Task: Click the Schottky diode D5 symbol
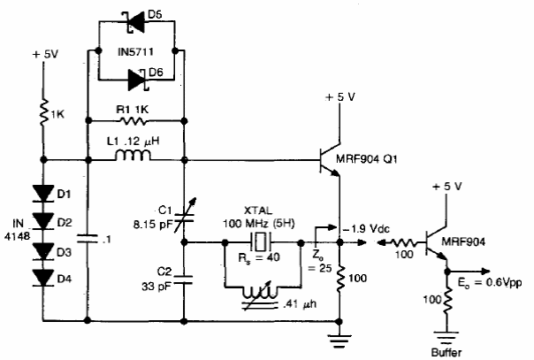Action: click(x=135, y=22)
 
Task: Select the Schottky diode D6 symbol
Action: click(x=138, y=80)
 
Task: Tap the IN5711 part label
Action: click(x=135, y=52)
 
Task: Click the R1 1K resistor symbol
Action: click(x=133, y=120)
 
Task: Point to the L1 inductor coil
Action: click(x=133, y=156)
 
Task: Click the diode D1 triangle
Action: click(x=43, y=194)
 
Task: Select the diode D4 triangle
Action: click(x=43, y=277)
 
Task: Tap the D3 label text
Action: click(x=64, y=252)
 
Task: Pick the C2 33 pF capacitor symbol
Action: click(x=184, y=280)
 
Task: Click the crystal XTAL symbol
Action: click(x=261, y=242)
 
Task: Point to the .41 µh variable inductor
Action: click(x=261, y=295)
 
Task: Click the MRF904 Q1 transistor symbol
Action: click(x=330, y=160)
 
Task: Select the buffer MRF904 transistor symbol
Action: click(x=436, y=243)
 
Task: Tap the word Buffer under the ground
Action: click(x=446, y=352)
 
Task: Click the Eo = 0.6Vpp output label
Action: click(x=490, y=282)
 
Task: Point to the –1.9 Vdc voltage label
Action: click(x=366, y=228)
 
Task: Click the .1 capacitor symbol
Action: click(x=88, y=239)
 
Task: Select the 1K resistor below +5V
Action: click(x=43, y=113)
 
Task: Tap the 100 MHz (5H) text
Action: click(x=259, y=224)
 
